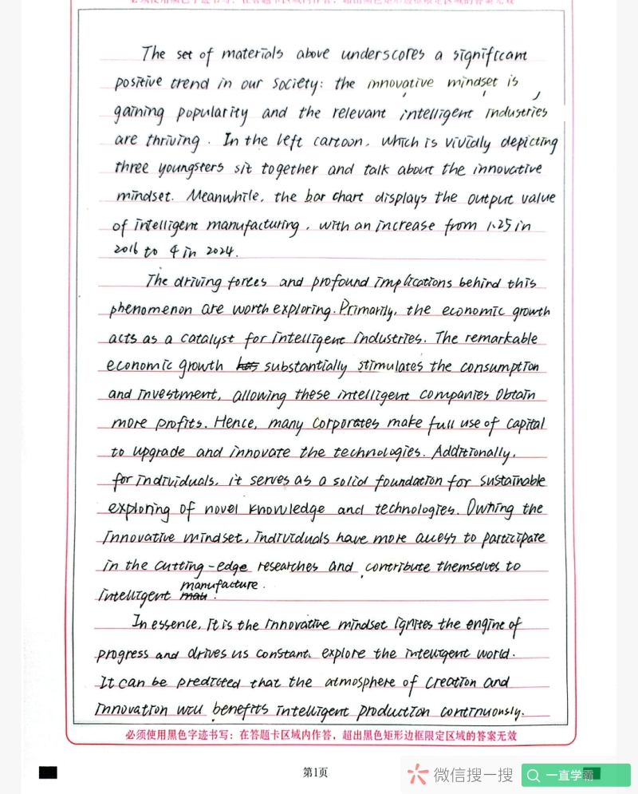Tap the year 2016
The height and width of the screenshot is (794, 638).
(125, 251)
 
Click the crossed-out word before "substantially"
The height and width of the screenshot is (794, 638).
(248, 365)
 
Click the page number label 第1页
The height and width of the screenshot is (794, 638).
(315, 772)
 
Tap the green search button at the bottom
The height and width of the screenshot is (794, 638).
(576, 775)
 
